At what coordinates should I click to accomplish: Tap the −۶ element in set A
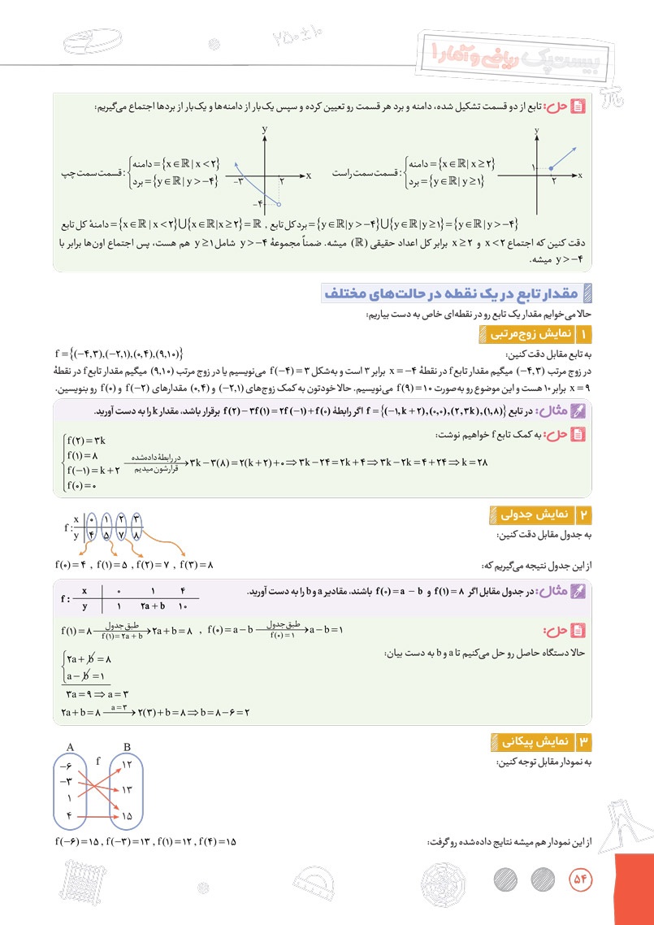coord(66,766)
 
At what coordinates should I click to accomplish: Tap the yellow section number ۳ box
coord(585,741)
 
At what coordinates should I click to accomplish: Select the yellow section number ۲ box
coord(585,514)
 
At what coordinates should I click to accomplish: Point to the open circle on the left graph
coord(279,203)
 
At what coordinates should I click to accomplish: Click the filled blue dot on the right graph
coord(551,168)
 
